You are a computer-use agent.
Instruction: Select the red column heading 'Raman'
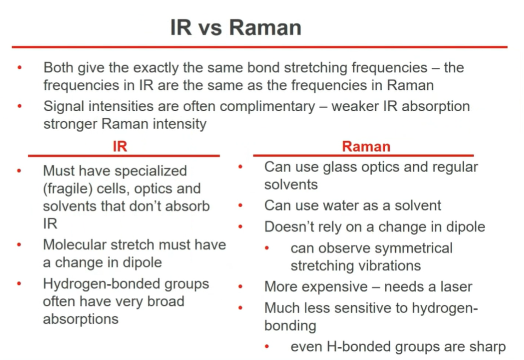(366, 146)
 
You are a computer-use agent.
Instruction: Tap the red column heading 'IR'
(120, 146)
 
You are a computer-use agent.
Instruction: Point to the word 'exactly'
(156, 68)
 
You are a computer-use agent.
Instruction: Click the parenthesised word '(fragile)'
(68, 188)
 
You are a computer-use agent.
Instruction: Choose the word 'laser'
(456, 287)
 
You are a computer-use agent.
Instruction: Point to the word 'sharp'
(488, 347)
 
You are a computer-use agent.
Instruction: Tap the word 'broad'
(166, 301)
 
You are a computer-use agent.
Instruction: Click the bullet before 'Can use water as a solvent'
(240, 205)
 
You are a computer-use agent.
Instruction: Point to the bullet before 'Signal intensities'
(19, 106)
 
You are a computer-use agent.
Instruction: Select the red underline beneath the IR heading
(124, 156)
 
